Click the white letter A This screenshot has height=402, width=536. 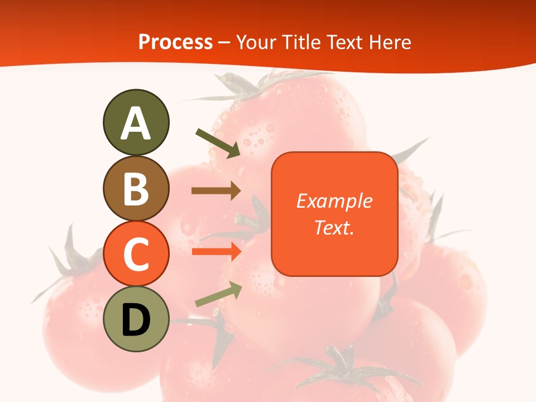136,123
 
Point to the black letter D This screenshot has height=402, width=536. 136,320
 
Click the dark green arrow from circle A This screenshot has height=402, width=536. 218,143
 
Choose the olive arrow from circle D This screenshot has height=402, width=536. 218,294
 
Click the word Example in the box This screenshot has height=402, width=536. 334,201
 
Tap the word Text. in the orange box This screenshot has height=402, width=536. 334,227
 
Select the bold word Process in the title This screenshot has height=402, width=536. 175,42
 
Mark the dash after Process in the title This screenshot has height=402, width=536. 224,42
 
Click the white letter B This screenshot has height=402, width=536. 136,189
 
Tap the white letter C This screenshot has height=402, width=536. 136,254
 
